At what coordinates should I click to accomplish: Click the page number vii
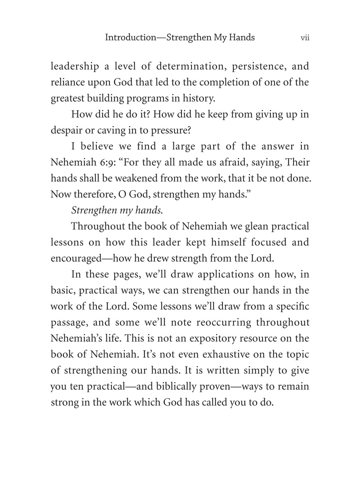(305, 38)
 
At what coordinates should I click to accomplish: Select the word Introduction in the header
(130, 38)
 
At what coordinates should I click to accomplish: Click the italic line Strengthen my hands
(117, 210)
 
